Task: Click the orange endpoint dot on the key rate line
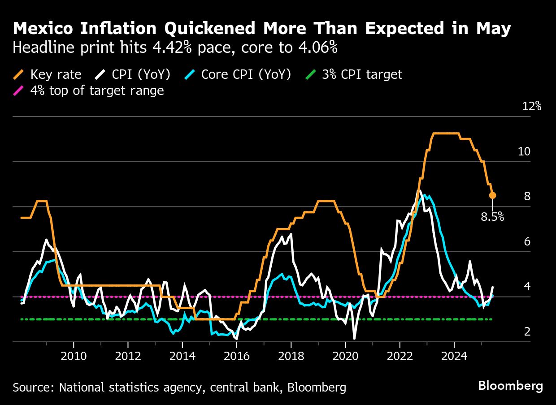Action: pyautogui.click(x=492, y=195)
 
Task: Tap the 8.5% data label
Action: pyautogui.click(x=492, y=217)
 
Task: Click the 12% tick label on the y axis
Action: pyautogui.click(x=531, y=107)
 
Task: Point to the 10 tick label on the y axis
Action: pyautogui.click(x=524, y=151)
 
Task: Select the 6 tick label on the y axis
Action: pyautogui.click(x=527, y=242)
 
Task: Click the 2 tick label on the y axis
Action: pyautogui.click(x=527, y=332)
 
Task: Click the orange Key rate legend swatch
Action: pyautogui.click(x=19, y=74)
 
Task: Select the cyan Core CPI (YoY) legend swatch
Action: pyautogui.click(x=190, y=74)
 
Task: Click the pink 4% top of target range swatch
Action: pyautogui.click(x=19, y=91)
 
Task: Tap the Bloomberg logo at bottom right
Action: pyautogui.click(x=510, y=386)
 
